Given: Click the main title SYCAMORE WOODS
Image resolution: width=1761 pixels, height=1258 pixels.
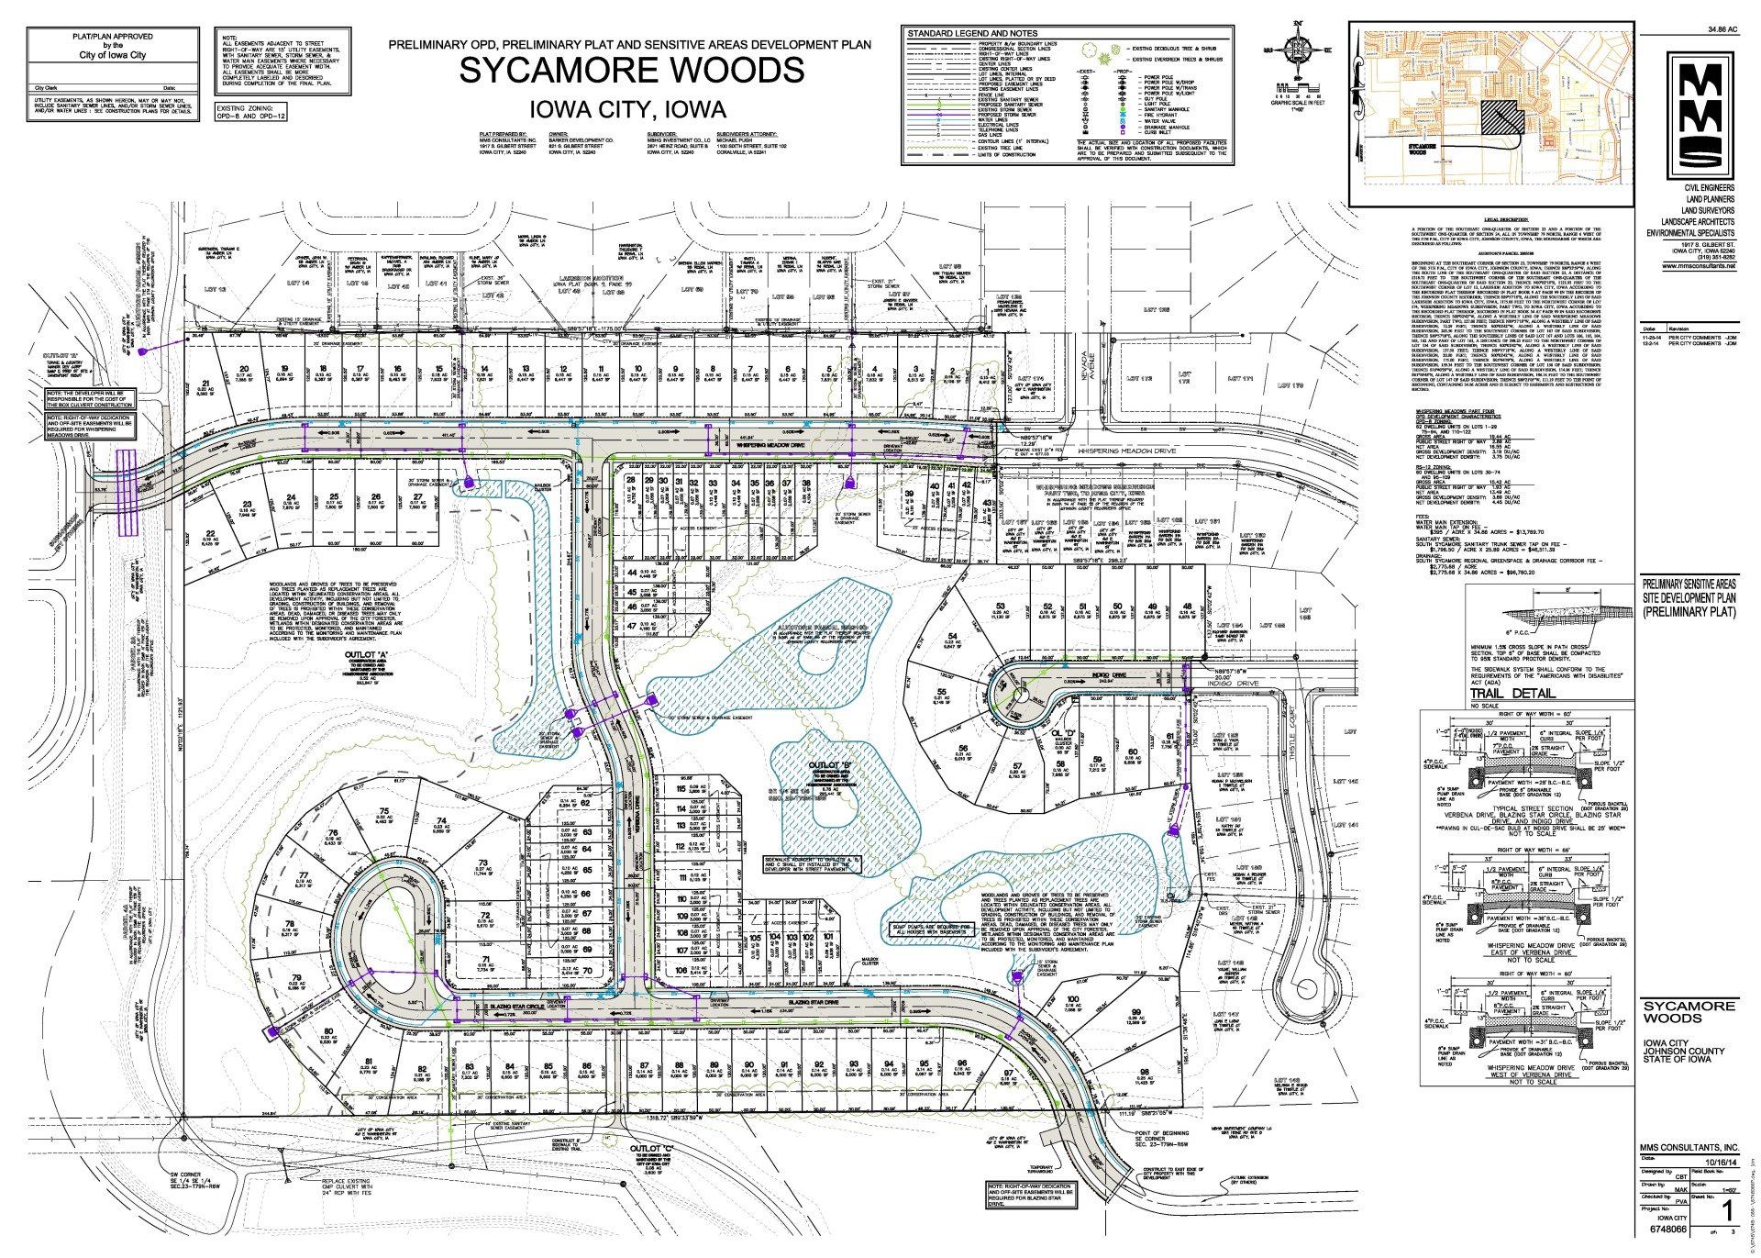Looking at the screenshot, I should click(632, 71).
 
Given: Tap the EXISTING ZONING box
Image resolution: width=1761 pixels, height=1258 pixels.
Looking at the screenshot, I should click(251, 114).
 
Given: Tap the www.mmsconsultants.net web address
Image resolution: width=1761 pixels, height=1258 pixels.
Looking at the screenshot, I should click(1698, 266).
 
